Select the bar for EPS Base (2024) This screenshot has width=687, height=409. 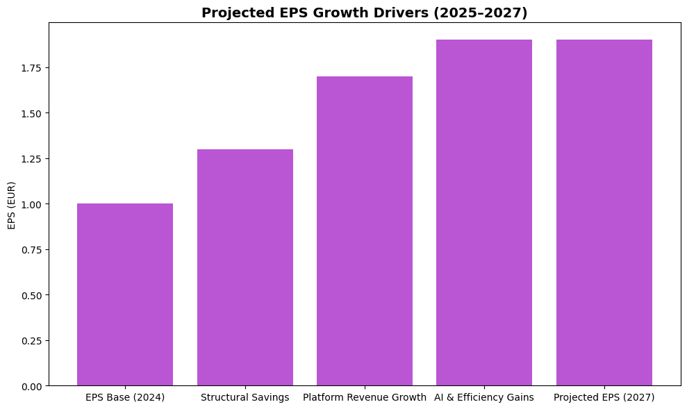pos(125,294)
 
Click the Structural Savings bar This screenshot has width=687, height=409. pos(245,267)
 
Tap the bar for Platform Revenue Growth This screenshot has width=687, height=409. pos(365,231)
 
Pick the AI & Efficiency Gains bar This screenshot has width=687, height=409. pos(484,212)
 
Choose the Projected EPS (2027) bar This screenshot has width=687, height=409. pos(604,212)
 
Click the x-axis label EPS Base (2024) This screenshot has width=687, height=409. pos(125,398)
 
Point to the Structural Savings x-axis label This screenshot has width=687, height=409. pos(245,398)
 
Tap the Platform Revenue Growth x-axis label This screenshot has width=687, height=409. pos(365,398)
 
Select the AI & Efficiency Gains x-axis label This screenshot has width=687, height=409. pos(484,398)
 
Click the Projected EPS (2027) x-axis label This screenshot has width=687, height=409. pos(604,398)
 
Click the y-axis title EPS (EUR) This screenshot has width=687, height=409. pos(12,204)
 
